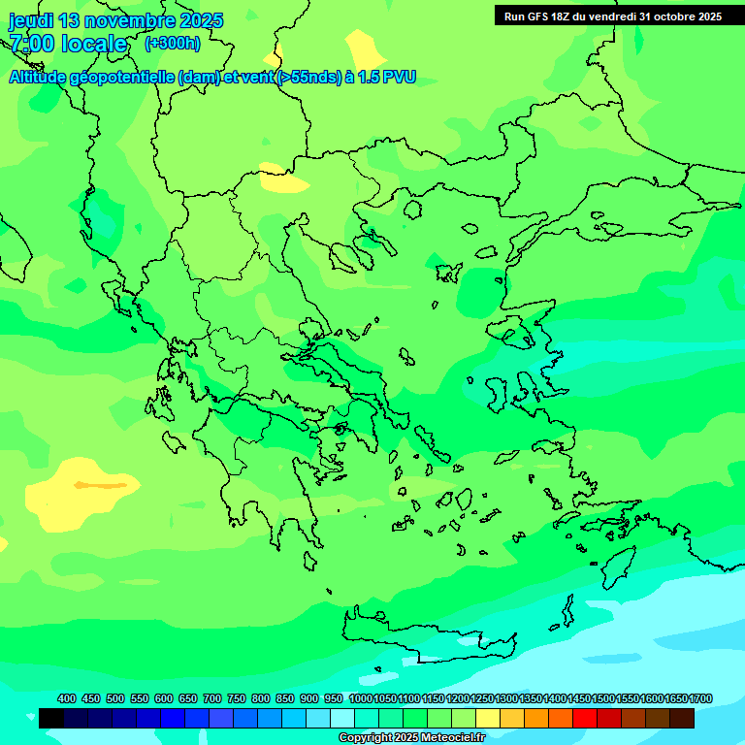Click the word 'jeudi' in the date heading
31,20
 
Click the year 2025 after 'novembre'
201,20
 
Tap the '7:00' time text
33,44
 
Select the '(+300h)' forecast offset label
172,43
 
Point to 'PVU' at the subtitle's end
400,77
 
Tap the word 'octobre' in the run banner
671,16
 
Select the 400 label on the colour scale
67,698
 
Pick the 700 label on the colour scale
212,698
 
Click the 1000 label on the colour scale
360,698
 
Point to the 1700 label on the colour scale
700,698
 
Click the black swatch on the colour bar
51,718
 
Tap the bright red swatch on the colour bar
585,718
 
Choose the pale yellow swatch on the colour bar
488,718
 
